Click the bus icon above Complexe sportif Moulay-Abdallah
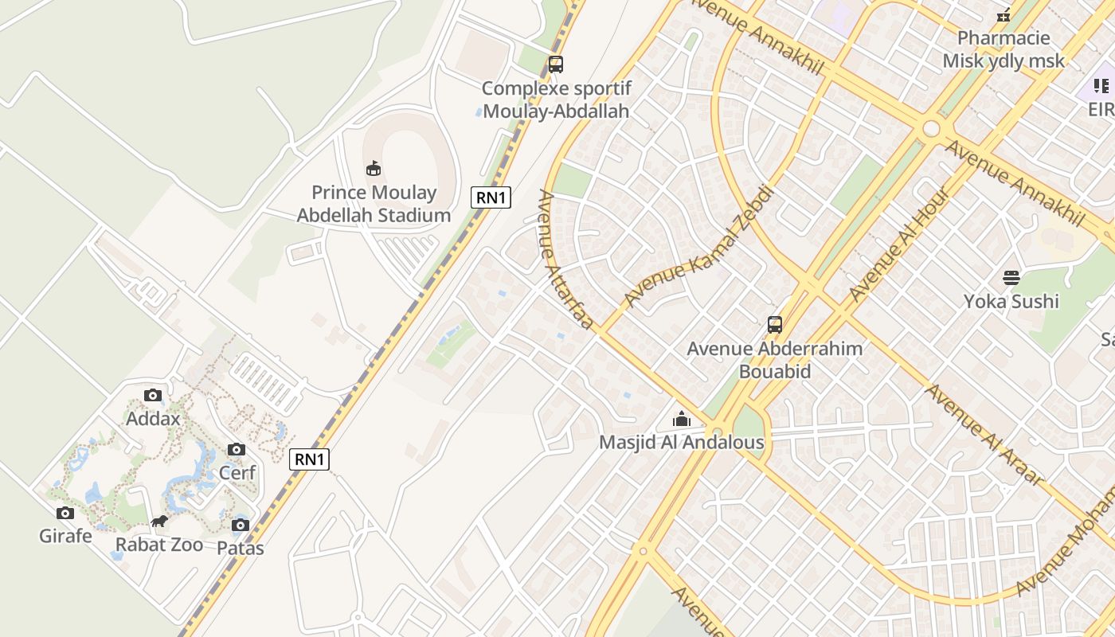click(556, 64)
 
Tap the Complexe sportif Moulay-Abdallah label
click(556, 100)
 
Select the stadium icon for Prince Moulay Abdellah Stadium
click(373, 168)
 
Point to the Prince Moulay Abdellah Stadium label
click(374, 204)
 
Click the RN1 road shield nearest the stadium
click(491, 197)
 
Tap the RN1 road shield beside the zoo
click(309, 459)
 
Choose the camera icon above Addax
click(153, 395)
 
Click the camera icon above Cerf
click(237, 449)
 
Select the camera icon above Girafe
click(65, 513)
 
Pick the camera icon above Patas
click(240, 525)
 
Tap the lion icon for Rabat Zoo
click(159, 522)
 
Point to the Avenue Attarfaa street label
click(565, 260)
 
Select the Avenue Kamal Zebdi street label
click(699, 247)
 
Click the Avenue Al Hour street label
click(899, 244)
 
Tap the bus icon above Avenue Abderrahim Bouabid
click(775, 325)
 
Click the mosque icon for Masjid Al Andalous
click(682, 419)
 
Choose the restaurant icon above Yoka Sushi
click(1011, 278)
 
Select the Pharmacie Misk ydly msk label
click(1003, 49)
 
